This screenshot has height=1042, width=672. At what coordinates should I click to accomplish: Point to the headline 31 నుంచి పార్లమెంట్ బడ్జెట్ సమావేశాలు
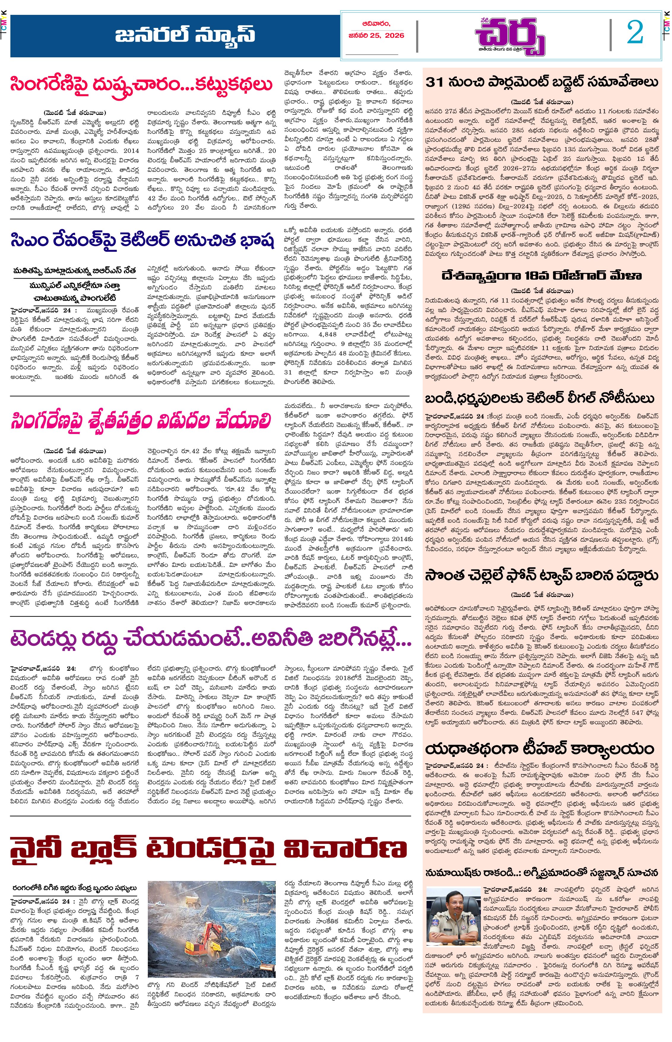point(541,83)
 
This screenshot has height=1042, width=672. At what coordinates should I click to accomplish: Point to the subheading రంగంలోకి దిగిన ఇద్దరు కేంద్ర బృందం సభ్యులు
point(75,888)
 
